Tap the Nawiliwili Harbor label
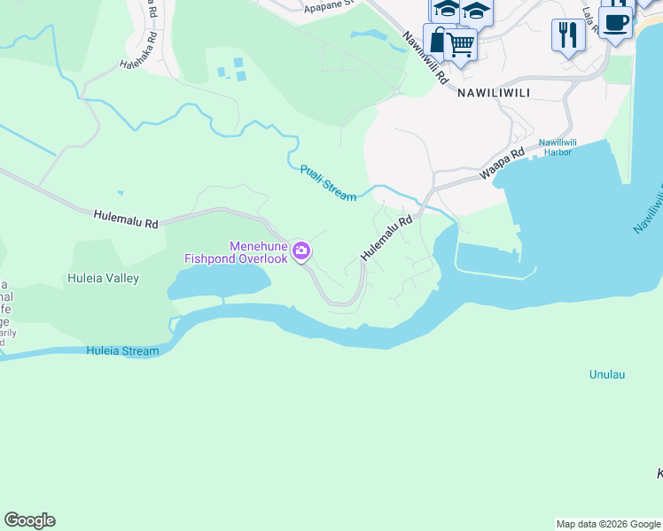556,147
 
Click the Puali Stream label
327,183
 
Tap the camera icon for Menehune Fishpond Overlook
301,252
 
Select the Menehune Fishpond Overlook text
236,252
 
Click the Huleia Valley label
104,278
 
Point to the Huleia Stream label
122,351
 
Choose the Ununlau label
607,374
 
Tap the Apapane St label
328,5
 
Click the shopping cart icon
460,42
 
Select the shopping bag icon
438,39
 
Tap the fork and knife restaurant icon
568,35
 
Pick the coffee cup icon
615,21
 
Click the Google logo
29,520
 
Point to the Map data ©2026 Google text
607,524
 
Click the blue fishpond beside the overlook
217,283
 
